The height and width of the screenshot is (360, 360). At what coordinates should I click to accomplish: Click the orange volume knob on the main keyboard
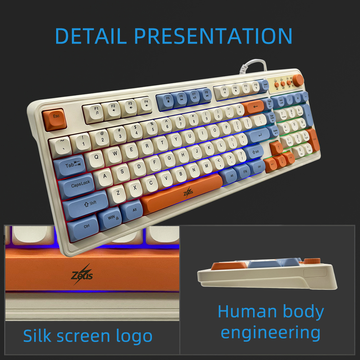(297, 80)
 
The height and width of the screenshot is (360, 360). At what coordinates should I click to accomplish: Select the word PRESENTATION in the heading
(213, 36)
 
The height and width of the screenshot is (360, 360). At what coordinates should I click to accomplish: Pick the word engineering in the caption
(270, 333)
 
